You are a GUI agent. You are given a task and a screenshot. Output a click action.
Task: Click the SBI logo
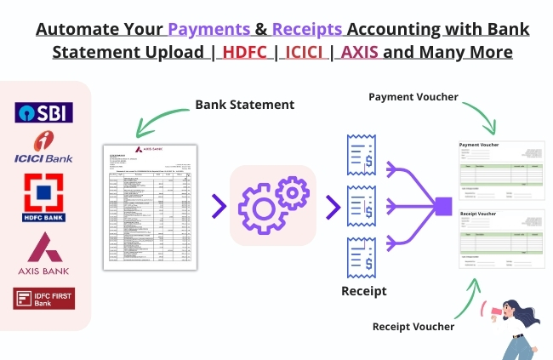(x=44, y=112)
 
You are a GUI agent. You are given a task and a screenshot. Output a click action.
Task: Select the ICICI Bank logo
(x=44, y=148)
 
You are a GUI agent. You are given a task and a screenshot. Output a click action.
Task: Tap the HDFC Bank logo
(x=44, y=196)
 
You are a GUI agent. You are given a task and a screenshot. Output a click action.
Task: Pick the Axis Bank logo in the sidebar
(x=44, y=252)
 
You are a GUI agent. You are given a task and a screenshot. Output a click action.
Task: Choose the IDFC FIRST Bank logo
(x=44, y=298)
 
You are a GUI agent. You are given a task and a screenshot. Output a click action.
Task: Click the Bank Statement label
(x=244, y=105)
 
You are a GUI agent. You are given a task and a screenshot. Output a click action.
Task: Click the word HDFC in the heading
(x=248, y=52)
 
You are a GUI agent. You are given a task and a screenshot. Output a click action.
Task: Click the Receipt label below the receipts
(x=363, y=291)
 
